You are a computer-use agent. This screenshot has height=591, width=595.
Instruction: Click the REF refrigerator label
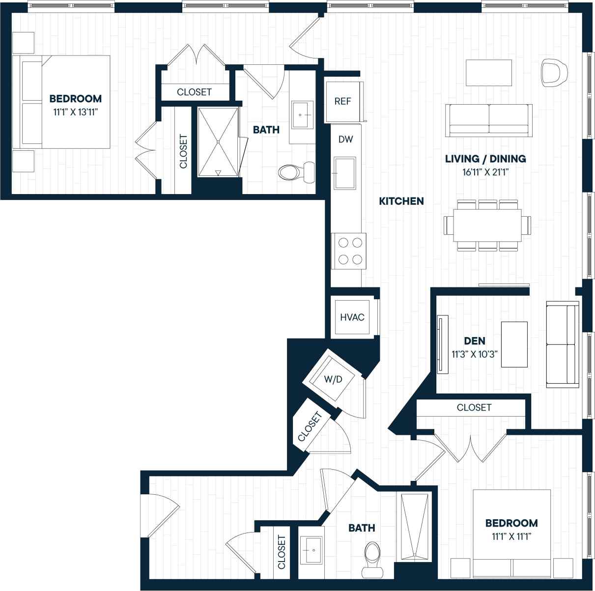[343, 101]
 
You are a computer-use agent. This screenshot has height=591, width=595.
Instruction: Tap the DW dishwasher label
[346, 139]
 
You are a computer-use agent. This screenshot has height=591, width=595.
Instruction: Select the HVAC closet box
[352, 317]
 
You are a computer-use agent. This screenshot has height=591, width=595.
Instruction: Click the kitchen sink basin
[345, 173]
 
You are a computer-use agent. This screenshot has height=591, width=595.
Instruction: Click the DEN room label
[475, 341]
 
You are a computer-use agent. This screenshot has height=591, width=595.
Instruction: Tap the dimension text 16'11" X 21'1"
[485, 172]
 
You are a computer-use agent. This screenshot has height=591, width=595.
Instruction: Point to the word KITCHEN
[401, 201]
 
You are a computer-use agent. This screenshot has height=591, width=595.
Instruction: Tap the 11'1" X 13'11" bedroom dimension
[76, 112]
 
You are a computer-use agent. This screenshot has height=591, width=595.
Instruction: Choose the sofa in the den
[563, 344]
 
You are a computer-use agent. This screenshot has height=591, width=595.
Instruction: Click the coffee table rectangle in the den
[514, 345]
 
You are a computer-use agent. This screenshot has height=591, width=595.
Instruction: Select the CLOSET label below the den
[474, 407]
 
